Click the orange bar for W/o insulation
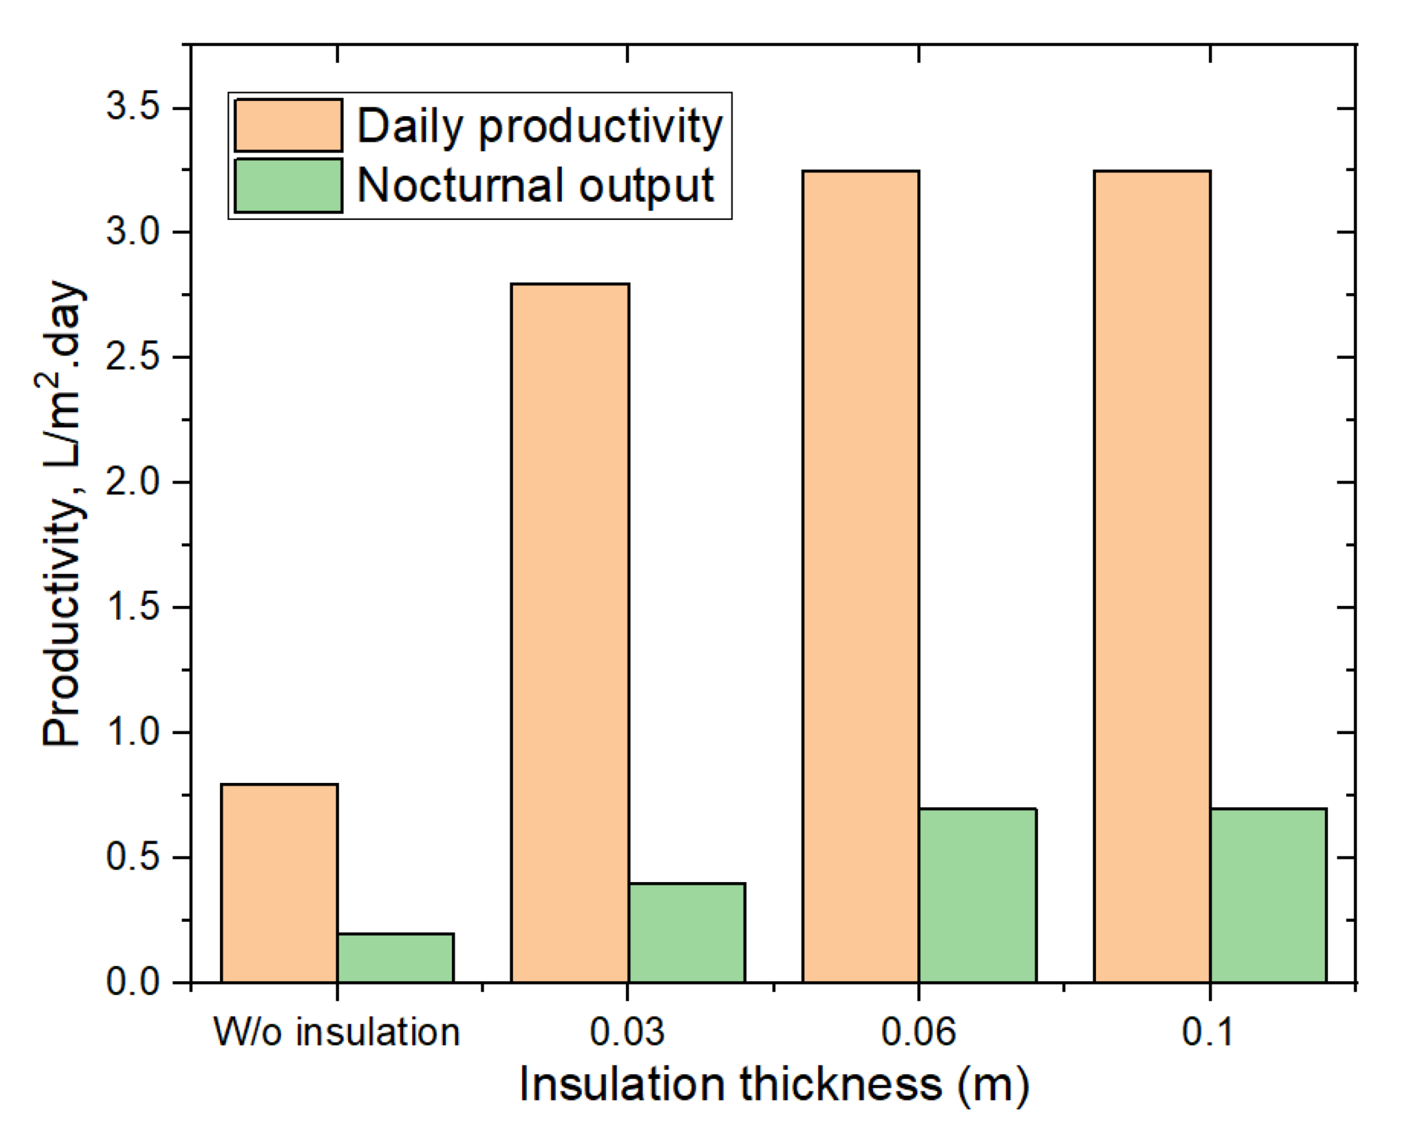coord(279,883)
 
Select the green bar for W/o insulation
coord(395,958)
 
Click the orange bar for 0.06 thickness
coord(861,575)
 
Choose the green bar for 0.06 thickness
coord(977,895)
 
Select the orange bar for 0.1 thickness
coord(1152,575)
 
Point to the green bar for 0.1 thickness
coord(1268,895)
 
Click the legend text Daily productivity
coord(539,125)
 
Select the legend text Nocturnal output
coord(535,186)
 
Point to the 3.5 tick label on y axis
coord(133,106)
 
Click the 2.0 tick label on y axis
coord(133,482)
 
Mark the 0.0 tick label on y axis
coord(133,982)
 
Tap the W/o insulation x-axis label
coord(337,1032)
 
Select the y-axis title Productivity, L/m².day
coord(62,513)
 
